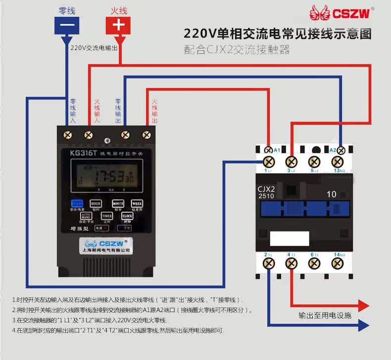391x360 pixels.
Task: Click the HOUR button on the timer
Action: (x=95, y=203)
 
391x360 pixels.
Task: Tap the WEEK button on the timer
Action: (x=137, y=203)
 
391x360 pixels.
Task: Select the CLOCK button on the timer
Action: (x=127, y=216)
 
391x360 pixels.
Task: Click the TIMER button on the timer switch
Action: (x=107, y=216)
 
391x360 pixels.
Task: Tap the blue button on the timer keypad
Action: (x=77, y=203)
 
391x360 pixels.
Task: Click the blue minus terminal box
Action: (x=67, y=25)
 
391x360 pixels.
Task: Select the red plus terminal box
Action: (x=118, y=25)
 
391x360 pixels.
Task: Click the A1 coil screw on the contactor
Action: (x=268, y=150)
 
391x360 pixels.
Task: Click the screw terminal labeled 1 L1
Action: (x=269, y=162)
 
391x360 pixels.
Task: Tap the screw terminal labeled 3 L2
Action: (x=292, y=162)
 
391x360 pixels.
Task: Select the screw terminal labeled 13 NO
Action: (x=338, y=162)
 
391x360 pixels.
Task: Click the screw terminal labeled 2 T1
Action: (x=269, y=264)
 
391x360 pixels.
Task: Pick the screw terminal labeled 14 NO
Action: (x=338, y=264)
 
